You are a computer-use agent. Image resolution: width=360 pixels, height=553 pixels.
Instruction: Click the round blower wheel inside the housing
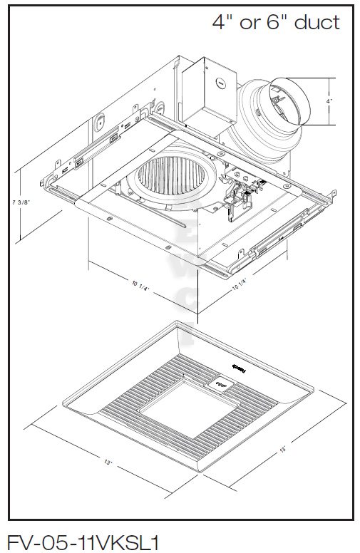coord(168,182)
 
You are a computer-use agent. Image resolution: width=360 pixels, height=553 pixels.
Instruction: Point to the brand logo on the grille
coord(239,371)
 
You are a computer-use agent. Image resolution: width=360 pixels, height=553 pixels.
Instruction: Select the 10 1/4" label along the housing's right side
coord(240,286)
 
